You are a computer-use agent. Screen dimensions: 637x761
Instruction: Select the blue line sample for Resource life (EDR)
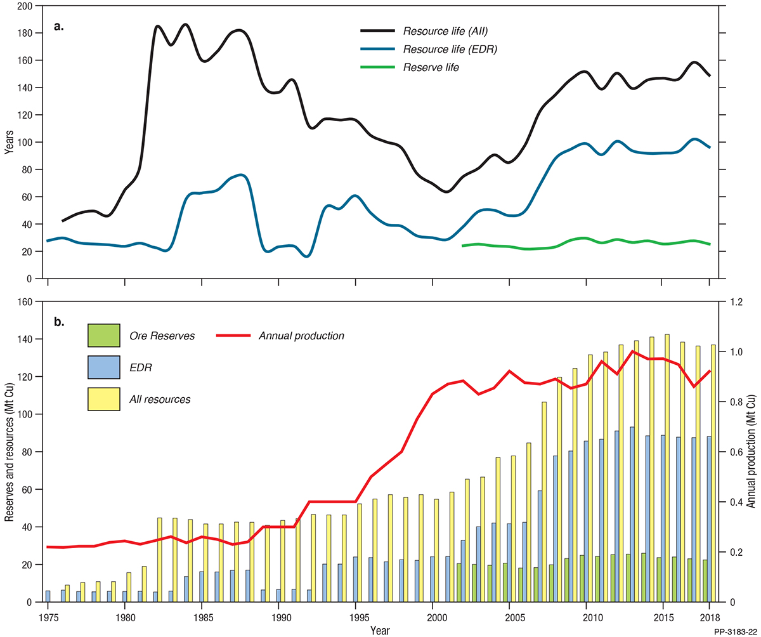tap(379, 49)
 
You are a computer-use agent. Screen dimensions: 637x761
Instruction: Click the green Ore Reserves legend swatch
tap(104, 335)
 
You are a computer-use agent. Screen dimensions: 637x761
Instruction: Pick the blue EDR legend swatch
tap(104, 367)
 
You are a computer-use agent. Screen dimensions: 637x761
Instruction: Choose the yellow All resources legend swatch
tap(104, 398)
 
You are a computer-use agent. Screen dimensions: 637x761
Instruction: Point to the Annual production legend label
tap(301, 335)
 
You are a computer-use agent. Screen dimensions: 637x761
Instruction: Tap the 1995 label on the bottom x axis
tap(357, 617)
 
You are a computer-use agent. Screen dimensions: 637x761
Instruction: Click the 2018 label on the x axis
tap(708, 617)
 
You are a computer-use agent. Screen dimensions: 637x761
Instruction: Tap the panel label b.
tap(59, 322)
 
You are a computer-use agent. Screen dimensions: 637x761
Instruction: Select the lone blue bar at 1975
tap(48, 596)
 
